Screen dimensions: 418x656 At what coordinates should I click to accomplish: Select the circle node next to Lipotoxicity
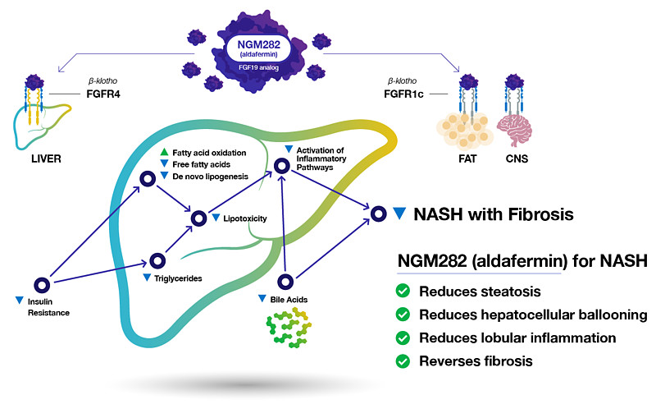[x=198, y=218]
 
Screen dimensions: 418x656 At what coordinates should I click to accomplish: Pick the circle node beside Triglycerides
[x=155, y=262]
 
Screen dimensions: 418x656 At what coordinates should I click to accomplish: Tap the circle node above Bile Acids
[x=285, y=282]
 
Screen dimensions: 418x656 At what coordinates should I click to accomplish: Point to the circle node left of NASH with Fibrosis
[x=378, y=214]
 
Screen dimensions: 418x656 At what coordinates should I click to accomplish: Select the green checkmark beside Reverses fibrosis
[x=403, y=361]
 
